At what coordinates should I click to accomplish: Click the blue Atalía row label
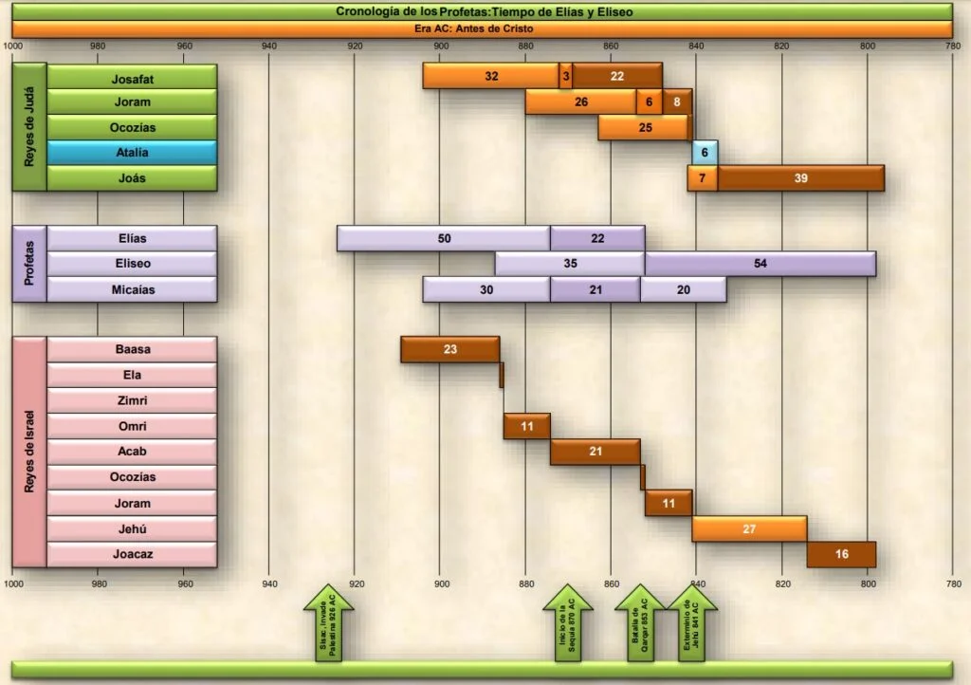pos(132,153)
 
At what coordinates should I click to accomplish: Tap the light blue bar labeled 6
pos(705,153)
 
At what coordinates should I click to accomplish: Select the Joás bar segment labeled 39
pos(801,178)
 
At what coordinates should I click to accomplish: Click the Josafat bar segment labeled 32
pos(491,76)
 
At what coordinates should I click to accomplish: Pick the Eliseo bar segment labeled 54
pos(760,264)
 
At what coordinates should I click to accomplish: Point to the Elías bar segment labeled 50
pos(444,238)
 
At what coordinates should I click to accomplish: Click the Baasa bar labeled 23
pos(450,349)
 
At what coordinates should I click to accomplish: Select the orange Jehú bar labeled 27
pos(749,529)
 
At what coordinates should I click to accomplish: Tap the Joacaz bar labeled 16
pos(841,554)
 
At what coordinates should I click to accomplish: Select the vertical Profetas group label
pos(29,264)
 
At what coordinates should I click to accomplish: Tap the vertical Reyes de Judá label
pos(29,127)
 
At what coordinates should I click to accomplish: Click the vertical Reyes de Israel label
pos(29,452)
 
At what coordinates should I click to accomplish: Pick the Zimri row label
pos(132,400)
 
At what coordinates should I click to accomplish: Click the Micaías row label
pos(132,289)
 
